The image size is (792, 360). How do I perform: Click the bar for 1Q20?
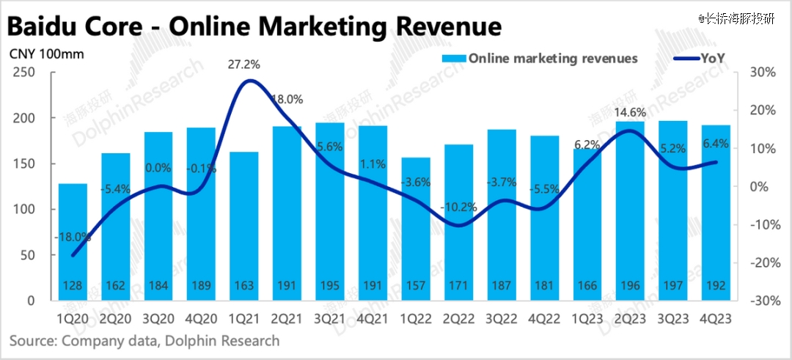[72, 242]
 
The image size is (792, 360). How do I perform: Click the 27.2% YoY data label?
[244, 65]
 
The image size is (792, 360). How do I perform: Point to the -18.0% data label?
[73, 237]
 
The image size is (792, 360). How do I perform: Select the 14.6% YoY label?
[629, 113]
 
